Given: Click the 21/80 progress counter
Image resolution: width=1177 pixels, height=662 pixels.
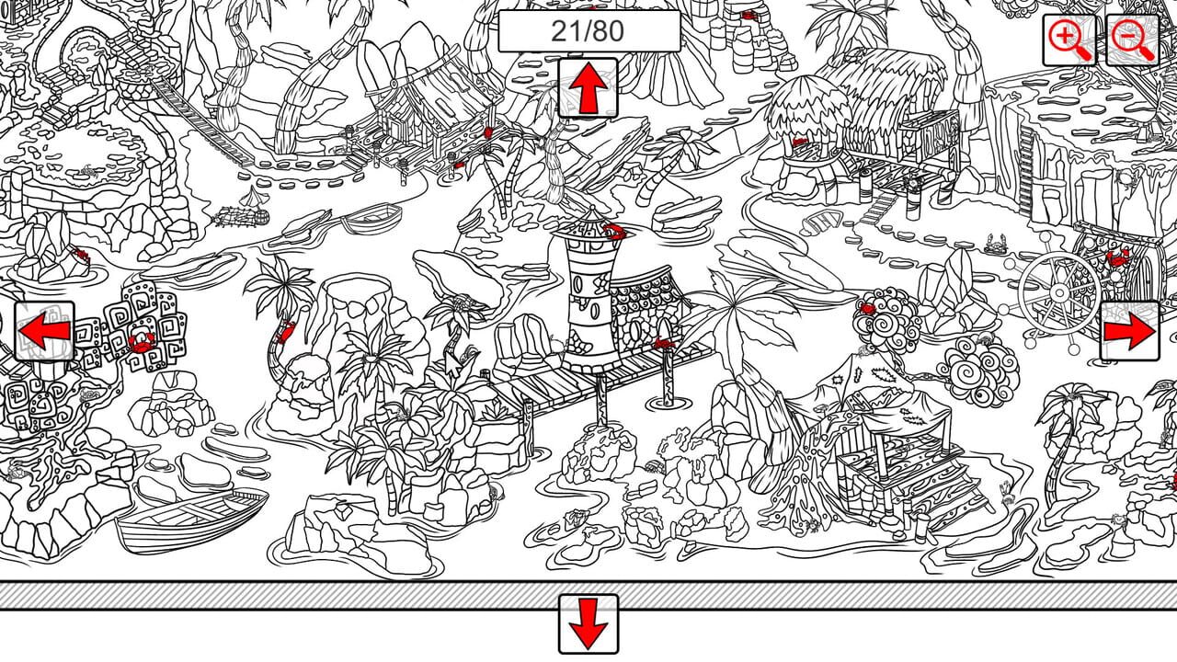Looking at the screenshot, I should pyautogui.click(x=588, y=31).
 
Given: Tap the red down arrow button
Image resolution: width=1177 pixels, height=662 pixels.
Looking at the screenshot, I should pyautogui.click(x=588, y=624).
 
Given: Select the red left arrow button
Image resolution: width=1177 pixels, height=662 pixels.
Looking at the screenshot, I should pyautogui.click(x=44, y=331).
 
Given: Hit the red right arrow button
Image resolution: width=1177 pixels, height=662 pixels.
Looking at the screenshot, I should pyautogui.click(x=1130, y=331).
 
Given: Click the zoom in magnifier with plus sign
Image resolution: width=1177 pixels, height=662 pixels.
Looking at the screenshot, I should pyautogui.click(x=1068, y=40).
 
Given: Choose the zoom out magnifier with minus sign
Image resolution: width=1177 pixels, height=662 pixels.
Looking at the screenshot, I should pyautogui.click(x=1132, y=40).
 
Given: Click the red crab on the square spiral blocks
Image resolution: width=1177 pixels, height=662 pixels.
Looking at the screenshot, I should pyautogui.click(x=141, y=343).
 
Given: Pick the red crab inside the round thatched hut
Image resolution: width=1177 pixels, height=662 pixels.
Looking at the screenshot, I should pyautogui.click(x=800, y=141).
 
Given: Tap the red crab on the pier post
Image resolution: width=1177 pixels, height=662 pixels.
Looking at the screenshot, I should pyautogui.click(x=664, y=344).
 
